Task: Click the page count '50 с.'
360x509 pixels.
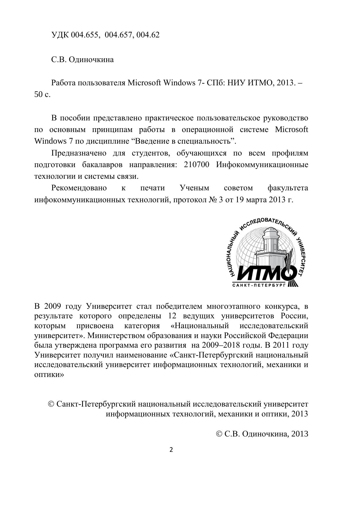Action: click(x=42, y=95)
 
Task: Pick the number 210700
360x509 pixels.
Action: click(x=196, y=165)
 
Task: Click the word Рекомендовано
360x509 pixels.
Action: click(x=79, y=188)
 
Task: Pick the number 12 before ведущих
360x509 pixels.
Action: click(x=172, y=316)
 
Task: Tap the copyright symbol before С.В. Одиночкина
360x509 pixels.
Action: click(x=220, y=434)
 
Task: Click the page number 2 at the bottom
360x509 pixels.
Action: click(x=171, y=450)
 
